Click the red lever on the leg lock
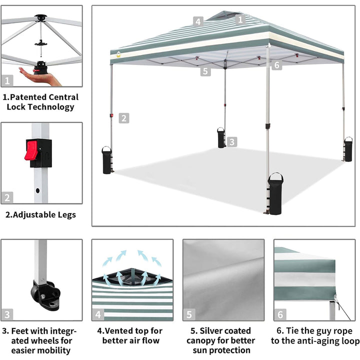tap(31, 150)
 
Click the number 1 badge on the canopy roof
tap(240, 19)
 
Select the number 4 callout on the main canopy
tap(198, 22)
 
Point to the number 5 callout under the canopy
tap(205, 71)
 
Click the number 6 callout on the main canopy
tap(276, 65)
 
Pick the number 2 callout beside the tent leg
tap(124, 118)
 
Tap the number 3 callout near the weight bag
tap(232, 142)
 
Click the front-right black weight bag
tap(275, 194)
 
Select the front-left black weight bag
tap(107, 160)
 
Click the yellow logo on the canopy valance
tap(118, 54)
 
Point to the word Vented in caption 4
tap(118, 331)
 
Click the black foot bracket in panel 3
tap(45, 294)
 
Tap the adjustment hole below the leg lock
tap(38, 190)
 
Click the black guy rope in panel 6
tap(343, 311)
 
